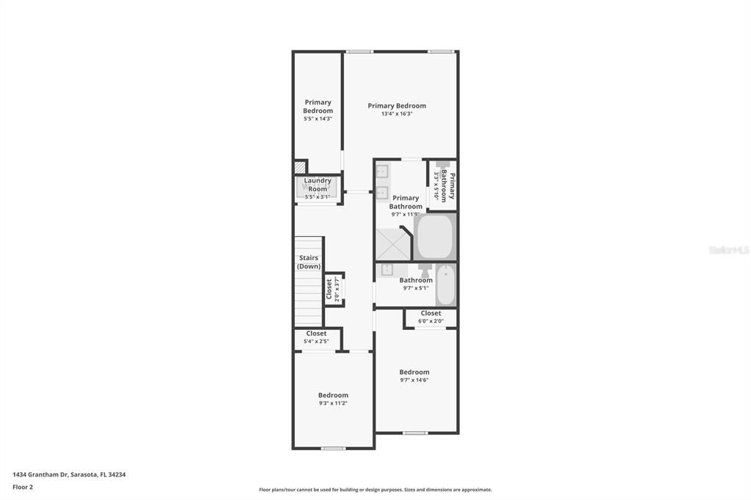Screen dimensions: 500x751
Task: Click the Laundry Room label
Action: [x=318, y=185]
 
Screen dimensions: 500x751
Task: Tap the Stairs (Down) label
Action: [x=309, y=262]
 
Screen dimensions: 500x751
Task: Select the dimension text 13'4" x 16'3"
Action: [x=397, y=114]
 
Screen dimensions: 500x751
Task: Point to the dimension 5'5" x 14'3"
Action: [x=318, y=119]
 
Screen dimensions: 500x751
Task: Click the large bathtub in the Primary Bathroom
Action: [x=435, y=236]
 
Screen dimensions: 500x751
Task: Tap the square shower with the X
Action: [x=392, y=244]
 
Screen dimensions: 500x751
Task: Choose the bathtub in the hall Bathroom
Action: [x=445, y=284]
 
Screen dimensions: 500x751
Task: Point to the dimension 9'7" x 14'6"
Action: [x=414, y=380]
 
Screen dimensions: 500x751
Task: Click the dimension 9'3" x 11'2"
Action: [x=333, y=403]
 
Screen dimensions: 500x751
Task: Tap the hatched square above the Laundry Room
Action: [x=300, y=167]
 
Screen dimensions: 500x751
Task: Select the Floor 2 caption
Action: [x=23, y=487]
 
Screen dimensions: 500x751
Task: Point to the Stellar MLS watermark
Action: [x=728, y=250]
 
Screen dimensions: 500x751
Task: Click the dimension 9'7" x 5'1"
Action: [x=416, y=288]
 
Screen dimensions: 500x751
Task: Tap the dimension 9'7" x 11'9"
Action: [x=405, y=216]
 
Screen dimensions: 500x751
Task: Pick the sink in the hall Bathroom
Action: [x=387, y=269]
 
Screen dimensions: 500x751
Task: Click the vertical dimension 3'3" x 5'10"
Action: [x=436, y=187]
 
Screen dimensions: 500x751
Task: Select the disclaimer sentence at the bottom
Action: [x=375, y=490]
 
